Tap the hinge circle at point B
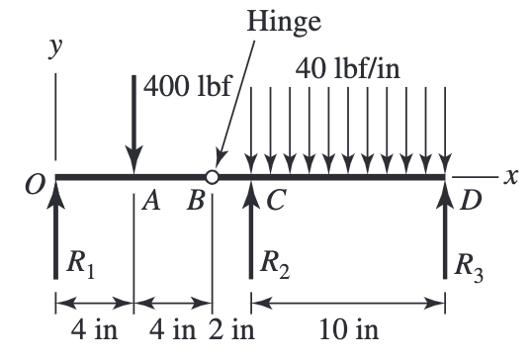(x=212, y=177)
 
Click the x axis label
(x=510, y=176)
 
